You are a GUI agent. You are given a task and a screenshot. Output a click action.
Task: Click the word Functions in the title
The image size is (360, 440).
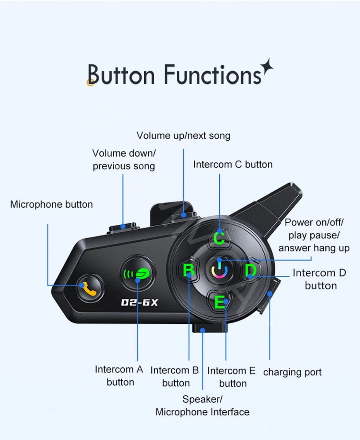[x=212, y=74]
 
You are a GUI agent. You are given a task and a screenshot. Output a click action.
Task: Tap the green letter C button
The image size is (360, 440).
[x=219, y=238]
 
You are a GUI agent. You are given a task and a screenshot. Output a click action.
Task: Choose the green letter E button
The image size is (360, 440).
[x=219, y=302]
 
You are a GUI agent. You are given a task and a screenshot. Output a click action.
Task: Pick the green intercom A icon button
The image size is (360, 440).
[x=137, y=274]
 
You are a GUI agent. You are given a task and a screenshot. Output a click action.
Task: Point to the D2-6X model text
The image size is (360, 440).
[x=139, y=303]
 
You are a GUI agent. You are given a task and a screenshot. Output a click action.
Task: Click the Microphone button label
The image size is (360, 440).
[x=51, y=204]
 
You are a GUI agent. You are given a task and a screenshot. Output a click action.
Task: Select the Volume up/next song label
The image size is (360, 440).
[x=183, y=136]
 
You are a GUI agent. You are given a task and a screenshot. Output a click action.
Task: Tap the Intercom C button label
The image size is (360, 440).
[x=233, y=165]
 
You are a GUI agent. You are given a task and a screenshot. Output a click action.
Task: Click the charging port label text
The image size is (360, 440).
[x=292, y=372]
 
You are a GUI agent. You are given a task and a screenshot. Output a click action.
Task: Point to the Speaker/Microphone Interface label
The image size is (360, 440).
[x=202, y=406]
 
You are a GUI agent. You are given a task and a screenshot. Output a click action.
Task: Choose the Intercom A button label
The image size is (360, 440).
[x=119, y=376]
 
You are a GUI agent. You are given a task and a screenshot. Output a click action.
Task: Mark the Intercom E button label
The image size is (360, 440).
[x=232, y=377]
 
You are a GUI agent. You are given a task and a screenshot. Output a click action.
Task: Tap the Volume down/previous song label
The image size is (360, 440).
[x=124, y=160]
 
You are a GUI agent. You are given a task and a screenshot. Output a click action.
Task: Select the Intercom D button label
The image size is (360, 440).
[x=320, y=279]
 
